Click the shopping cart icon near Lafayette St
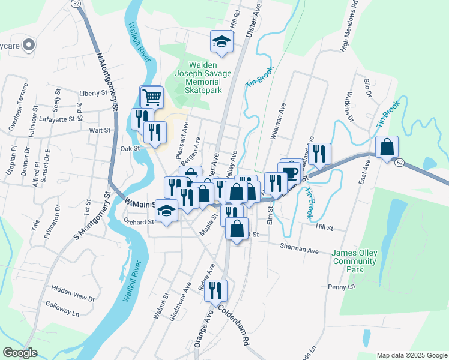[152, 96]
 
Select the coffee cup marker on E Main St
[292, 174]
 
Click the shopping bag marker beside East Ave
[388, 146]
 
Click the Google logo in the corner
[20, 353]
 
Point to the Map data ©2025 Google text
[411, 355]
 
